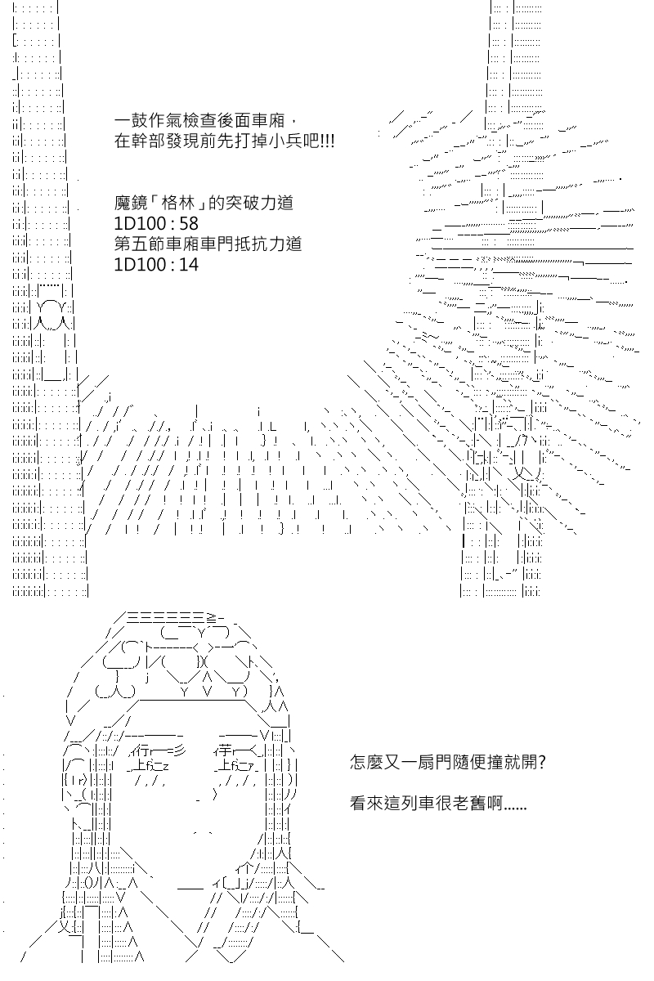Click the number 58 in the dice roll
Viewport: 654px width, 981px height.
tap(189, 224)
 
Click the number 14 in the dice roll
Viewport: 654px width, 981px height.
tap(189, 265)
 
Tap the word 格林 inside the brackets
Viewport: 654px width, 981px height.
tap(177, 204)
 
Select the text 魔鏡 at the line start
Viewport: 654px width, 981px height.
tap(130, 204)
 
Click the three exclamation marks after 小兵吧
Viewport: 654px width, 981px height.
tap(327, 141)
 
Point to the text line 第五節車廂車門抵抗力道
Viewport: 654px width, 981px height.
tap(208, 244)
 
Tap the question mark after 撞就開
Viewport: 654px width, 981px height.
tap(542, 763)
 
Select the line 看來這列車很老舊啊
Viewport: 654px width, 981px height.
tap(438, 803)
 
